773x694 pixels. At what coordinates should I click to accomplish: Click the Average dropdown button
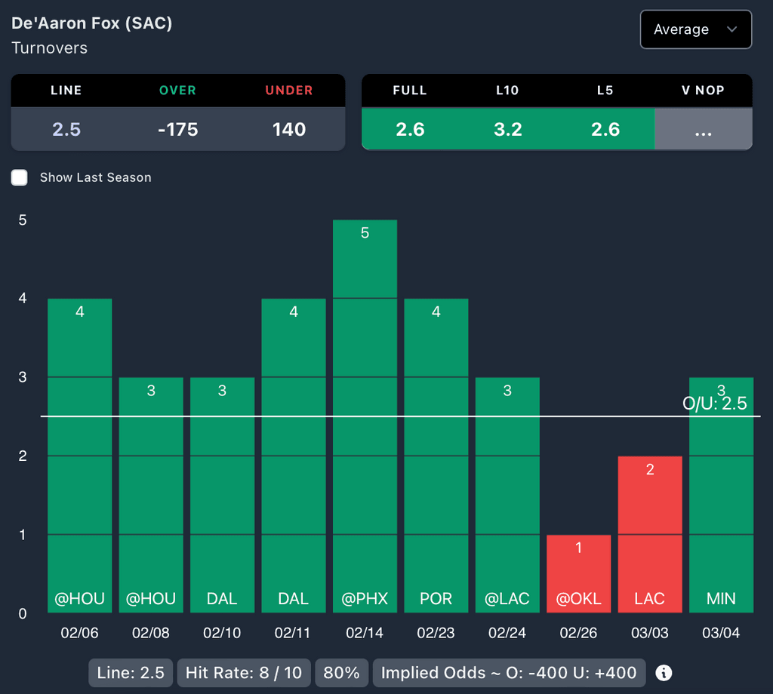(x=695, y=29)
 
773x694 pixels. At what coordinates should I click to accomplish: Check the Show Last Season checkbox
(x=20, y=177)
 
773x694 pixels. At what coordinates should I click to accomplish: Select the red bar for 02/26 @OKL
(x=578, y=573)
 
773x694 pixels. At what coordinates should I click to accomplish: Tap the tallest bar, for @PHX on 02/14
(x=365, y=415)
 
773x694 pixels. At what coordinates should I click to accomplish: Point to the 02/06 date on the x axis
(x=79, y=633)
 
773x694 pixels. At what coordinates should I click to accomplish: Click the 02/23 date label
(x=436, y=633)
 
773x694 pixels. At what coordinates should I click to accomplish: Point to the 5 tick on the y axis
(x=23, y=220)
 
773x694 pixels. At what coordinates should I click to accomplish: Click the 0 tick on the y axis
(x=23, y=613)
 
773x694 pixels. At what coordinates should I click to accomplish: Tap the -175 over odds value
(x=177, y=129)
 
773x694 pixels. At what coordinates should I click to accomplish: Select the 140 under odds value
(x=289, y=129)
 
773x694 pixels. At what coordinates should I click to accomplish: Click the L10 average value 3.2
(x=507, y=129)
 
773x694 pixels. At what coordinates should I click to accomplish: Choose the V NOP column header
(x=703, y=91)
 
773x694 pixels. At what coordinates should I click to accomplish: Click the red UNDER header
(x=289, y=91)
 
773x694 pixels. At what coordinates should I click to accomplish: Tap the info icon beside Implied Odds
(x=664, y=673)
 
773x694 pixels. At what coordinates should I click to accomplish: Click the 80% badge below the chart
(x=341, y=673)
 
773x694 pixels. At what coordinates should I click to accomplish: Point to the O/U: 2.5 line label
(x=714, y=404)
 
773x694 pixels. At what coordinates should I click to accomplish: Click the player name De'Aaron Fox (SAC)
(x=92, y=23)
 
